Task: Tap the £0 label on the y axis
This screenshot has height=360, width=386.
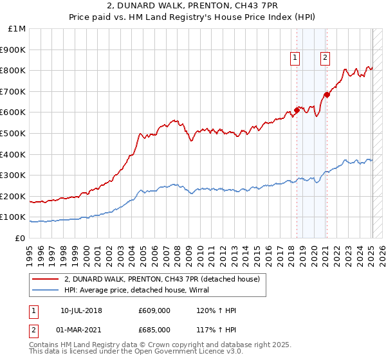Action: pos(20,238)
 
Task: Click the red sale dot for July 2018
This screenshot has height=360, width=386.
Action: pos(297,110)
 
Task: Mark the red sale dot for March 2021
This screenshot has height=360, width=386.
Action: pos(327,94)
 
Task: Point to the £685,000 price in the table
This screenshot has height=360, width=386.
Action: pos(154,329)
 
